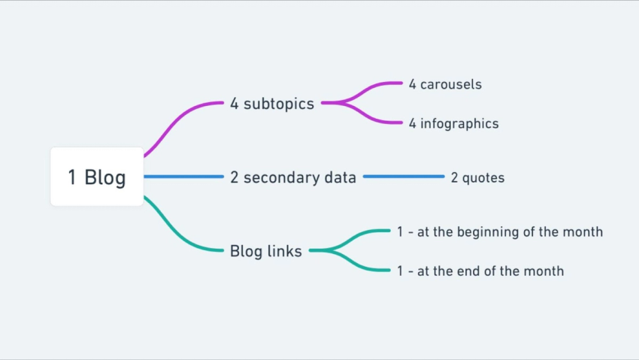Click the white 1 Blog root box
tap(96, 177)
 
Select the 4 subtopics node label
tap(271, 104)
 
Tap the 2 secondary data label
tap(293, 177)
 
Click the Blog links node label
tap(265, 251)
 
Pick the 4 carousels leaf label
tap(445, 84)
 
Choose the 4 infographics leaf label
tap(453, 123)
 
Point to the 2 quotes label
tap(477, 178)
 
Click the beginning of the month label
tap(500, 232)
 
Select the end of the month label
tap(480, 271)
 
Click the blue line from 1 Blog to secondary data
tap(183, 177)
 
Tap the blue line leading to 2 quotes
tap(404, 177)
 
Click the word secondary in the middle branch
tap(277, 177)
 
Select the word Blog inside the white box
tap(104, 177)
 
